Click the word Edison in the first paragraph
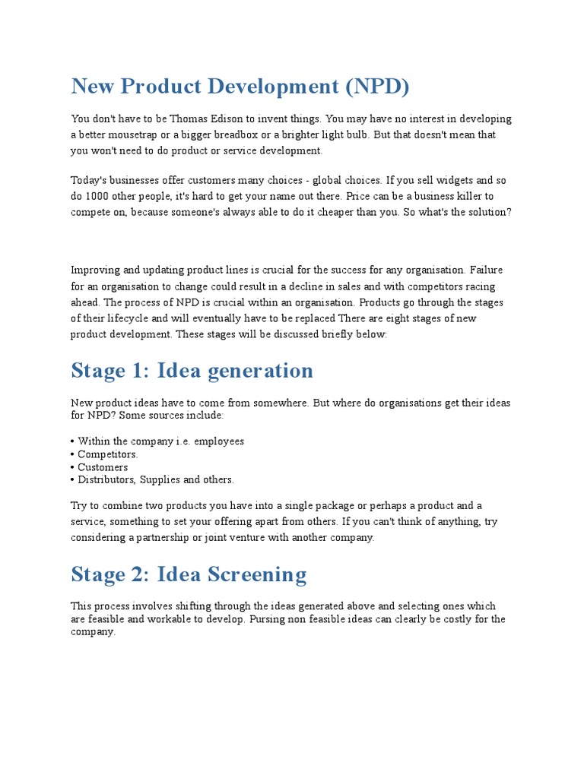tap(227, 119)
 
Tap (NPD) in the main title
tap(377, 87)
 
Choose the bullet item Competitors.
tap(107, 454)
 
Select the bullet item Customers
tap(103, 467)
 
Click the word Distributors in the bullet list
tap(107, 480)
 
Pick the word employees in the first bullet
tap(218, 441)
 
